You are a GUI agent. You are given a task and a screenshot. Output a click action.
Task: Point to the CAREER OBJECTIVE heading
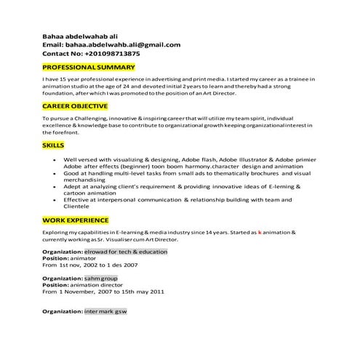(76, 106)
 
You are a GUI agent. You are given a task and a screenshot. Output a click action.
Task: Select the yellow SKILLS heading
(53, 145)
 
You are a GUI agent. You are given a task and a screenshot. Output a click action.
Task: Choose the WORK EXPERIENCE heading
(76, 220)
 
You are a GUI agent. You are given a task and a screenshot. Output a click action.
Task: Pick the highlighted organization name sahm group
(101, 278)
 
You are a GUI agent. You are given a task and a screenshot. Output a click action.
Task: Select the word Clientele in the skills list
(78, 206)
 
